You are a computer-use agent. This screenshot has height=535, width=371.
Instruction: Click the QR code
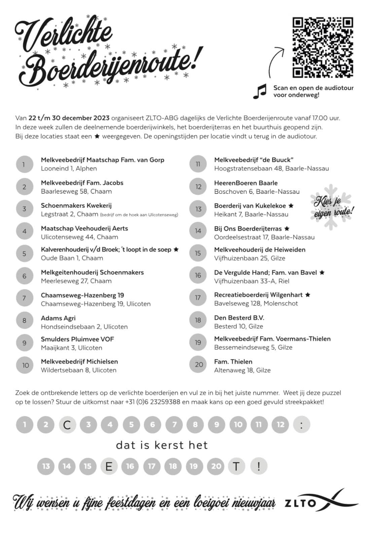click(323, 47)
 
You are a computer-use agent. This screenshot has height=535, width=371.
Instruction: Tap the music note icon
click(260, 91)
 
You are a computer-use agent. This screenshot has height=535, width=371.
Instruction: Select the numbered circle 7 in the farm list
click(24, 298)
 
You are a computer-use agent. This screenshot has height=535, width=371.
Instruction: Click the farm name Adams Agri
click(58, 318)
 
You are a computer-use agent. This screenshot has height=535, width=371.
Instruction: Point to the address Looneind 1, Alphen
click(69, 169)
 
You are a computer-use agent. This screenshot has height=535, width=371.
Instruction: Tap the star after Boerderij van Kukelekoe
click(291, 206)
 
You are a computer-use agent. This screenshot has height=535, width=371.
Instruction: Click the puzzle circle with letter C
click(67, 425)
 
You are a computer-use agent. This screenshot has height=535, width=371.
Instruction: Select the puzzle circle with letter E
click(109, 466)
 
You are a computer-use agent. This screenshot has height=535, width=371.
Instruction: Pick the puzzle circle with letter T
click(237, 466)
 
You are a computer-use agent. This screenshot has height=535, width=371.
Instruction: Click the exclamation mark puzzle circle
click(258, 466)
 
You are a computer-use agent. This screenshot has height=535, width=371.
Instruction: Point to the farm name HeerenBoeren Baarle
click(246, 183)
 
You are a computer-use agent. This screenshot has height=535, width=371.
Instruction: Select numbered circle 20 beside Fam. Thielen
click(199, 365)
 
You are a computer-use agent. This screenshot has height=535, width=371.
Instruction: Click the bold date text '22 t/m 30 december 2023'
click(69, 118)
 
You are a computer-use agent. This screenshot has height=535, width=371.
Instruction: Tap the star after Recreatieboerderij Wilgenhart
click(308, 295)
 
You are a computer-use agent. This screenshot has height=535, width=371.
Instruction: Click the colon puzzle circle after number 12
click(301, 425)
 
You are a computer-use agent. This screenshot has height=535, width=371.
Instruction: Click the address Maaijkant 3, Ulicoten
click(71, 348)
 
